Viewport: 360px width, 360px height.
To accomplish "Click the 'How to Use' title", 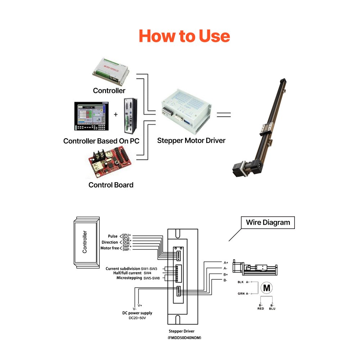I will (184, 36).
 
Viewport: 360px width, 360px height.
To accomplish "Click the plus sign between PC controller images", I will (116, 114).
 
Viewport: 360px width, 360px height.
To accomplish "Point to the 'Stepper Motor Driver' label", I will (191, 140).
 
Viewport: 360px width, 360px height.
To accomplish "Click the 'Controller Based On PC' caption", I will (101, 141).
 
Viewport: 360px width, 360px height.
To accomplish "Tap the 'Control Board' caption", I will (111, 185).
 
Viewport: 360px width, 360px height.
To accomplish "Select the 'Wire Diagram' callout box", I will (268, 222).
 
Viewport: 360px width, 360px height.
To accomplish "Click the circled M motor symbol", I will (267, 288).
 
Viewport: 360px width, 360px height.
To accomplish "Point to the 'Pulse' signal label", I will (113, 236).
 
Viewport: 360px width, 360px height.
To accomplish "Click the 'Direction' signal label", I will (110, 242).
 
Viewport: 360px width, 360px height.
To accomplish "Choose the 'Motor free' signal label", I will (109, 248).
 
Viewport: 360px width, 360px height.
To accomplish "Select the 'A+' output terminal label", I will (225, 262).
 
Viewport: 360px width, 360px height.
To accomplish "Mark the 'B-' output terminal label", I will (225, 280).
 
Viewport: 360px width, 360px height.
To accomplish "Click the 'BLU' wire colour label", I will (272, 309).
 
